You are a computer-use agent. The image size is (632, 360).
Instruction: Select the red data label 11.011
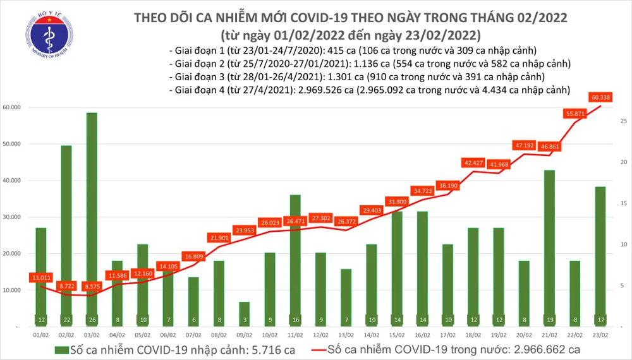point(40,277)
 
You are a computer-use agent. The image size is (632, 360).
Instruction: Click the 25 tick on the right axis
point(623,121)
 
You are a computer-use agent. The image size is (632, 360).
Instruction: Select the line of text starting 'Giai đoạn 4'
point(370,90)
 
